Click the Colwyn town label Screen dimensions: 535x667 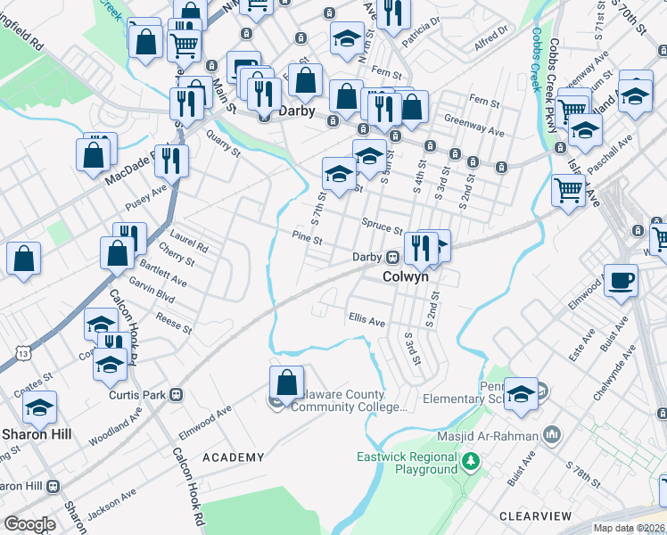[406, 276]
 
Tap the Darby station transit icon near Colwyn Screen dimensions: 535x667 [391, 257]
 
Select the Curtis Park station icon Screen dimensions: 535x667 [177, 394]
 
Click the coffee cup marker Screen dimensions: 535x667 [621, 280]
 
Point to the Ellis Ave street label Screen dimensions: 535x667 [366, 318]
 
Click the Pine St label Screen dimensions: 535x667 [306, 238]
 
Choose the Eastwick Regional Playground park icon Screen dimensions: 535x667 [470, 461]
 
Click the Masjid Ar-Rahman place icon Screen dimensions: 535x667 [552, 435]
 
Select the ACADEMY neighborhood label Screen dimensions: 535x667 [234, 457]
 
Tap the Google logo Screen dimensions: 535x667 [30, 523]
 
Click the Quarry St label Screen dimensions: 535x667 [224, 145]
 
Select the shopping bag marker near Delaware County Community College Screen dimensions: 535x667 [285, 383]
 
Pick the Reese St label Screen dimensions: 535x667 [173, 323]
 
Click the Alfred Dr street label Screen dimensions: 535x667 [490, 36]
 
